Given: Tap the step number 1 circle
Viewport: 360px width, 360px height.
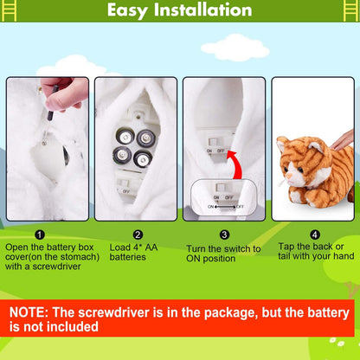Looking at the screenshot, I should pyautogui.click(x=41, y=235).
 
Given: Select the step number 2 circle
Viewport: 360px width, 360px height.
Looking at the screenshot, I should pyautogui.click(x=138, y=235).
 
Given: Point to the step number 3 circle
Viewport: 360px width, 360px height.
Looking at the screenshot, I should pyautogui.click(x=223, y=235).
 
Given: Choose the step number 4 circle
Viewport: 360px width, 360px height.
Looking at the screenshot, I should pyautogui.click(x=313, y=235).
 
